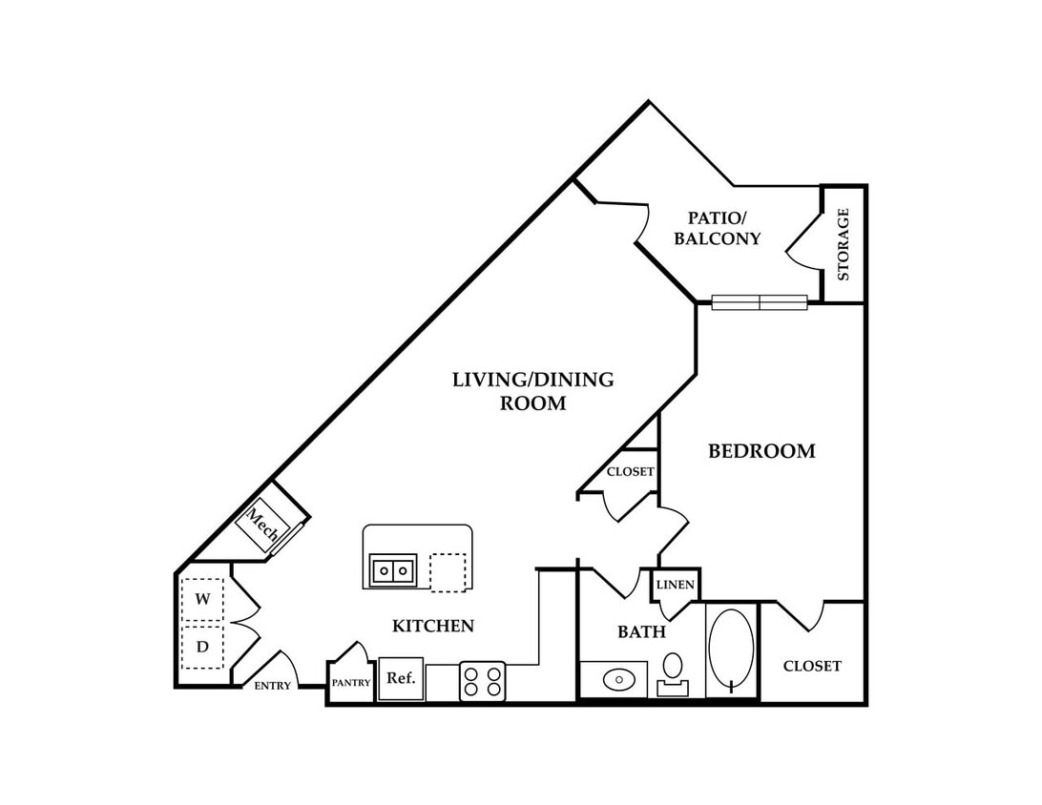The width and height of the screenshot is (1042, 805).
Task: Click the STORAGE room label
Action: pyautogui.click(x=844, y=244)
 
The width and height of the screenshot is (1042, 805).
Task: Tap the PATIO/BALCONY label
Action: pyautogui.click(x=717, y=228)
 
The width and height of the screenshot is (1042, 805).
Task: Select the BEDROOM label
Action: pyautogui.click(x=761, y=451)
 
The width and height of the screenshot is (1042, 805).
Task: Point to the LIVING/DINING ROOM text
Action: pyautogui.click(x=533, y=391)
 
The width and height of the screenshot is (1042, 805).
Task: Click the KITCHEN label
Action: pyautogui.click(x=433, y=626)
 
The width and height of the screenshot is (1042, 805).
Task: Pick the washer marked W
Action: pyautogui.click(x=202, y=599)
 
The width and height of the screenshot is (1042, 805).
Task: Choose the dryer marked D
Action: pyautogui.click(x=202, y=647)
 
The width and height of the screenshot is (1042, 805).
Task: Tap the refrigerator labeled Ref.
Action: pyautogui.click(x=402, y=679)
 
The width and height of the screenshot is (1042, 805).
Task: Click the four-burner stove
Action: pyautogui.click(x=483, y=681)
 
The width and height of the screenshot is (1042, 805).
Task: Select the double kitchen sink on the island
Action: pyautogui.click(x=393, y=570)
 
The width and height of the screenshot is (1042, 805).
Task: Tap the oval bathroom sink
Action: pyautogui.click(x=619, y=680)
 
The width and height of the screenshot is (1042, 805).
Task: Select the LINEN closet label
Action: pyautogui.click(x=676, y=586)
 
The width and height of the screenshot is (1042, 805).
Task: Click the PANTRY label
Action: pyautogui.click(x=351, y=682)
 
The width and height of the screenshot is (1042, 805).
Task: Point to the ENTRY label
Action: pyautogui.click(x=273, y=686)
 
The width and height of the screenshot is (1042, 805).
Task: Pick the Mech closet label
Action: pyautogui.click(x=262, y=524)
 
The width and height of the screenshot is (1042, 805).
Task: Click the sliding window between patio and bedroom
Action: pyautogui.click(x=760, y=303)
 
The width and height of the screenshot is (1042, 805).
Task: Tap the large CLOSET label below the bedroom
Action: pyautogui.click(x=812, y=666)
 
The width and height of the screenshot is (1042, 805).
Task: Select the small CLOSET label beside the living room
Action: pyautogui.click(x=631, y=471)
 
